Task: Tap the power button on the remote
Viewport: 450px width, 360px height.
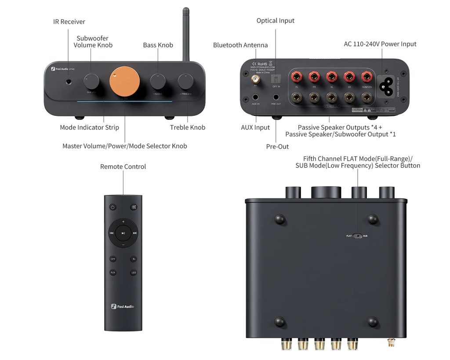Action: click(113, 207)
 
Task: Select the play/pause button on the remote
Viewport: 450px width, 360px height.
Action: click(123, 233)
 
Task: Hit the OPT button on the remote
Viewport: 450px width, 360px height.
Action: click(113, 259)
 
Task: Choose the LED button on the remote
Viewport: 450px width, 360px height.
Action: click(134, 273)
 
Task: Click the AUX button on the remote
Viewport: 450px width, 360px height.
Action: click(113, 273)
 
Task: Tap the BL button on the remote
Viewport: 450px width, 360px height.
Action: click(134, 259)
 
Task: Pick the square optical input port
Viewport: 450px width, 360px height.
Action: click(276, 79)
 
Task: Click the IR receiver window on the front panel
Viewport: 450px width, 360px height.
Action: click(69, 81)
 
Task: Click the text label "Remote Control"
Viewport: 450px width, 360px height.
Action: click(123, 167)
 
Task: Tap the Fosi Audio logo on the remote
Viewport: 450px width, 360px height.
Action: click(123, 306)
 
